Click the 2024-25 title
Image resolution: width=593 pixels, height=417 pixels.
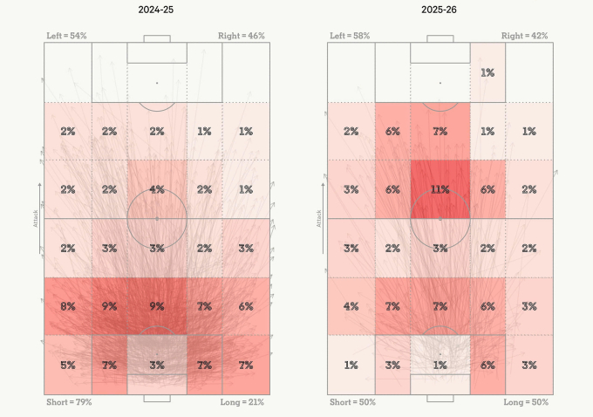coord(157,10)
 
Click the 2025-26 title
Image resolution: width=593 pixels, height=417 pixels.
coord(440,10)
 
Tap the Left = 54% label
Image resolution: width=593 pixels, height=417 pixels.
coord(66,36)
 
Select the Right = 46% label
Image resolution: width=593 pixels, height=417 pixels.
coord(242,36)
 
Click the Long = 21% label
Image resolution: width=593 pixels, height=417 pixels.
coord(242,402)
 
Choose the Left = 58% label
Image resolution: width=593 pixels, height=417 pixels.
coord(350,36)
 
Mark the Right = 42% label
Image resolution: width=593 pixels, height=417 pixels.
coord(525,36)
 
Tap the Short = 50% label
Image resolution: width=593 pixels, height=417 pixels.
coord(351,402)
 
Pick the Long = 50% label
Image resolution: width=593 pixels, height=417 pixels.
coord(525,402)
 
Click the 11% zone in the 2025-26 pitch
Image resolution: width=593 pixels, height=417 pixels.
coord(440,189)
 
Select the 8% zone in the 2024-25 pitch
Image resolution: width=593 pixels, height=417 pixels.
coord(68,306)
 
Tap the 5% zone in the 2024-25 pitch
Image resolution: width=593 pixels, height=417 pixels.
coord(68,365)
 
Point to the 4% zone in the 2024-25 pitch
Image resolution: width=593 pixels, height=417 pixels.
coord(157,189)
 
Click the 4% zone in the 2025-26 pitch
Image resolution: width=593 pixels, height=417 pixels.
coord(351,306)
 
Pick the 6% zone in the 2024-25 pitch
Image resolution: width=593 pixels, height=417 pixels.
coord(246,306)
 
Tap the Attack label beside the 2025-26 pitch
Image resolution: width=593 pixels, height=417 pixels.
coord(319,218)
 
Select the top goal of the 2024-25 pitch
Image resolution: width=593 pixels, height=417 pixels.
coord(157,38)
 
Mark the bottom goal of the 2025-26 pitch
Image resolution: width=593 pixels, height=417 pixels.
coord(440,399)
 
